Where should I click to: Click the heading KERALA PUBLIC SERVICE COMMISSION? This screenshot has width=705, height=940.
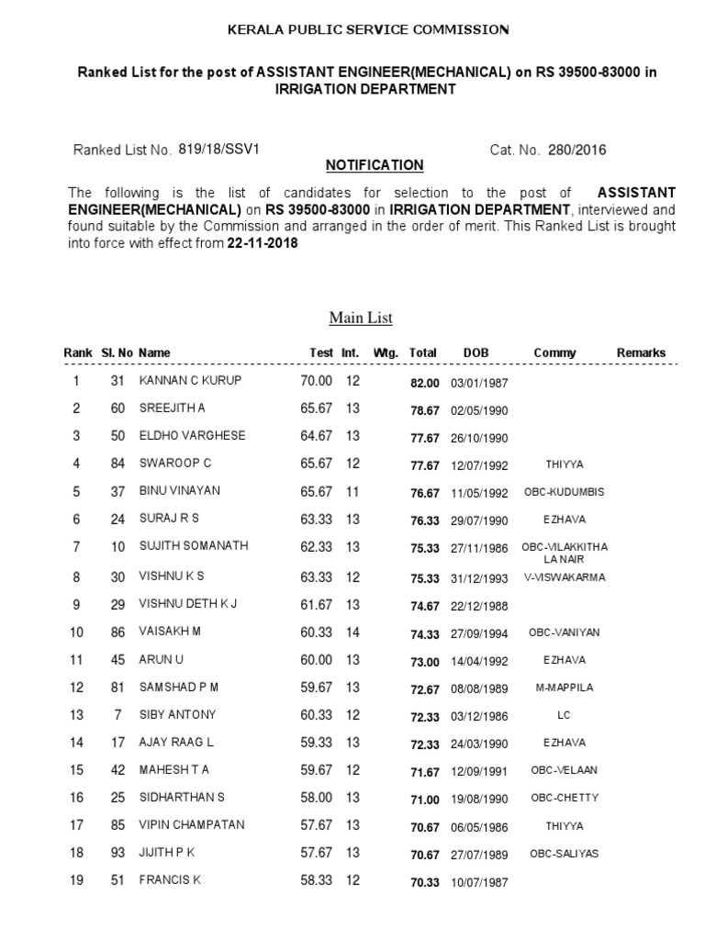click(368, 30)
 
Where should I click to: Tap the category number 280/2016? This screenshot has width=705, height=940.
click(576, 150)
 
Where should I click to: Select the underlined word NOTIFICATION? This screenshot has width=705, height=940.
click(375, 165)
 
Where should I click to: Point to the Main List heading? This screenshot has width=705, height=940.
click(361, 319)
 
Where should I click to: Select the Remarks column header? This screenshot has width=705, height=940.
click(641, 353)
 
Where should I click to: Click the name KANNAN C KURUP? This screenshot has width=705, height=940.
click(191, 381)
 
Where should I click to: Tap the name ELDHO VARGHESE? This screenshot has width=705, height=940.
click(192, 436)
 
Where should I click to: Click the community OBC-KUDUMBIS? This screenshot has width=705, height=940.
click(564, 493)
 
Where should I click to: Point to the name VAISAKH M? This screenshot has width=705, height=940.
click(171, 632)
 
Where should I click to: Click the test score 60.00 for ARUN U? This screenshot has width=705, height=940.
click(315, 660)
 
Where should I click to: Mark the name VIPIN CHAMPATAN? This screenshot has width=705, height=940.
click(192, 825)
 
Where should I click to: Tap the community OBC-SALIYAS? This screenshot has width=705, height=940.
click(564, 854)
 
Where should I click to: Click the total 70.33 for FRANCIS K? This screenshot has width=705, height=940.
click(425, 882)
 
